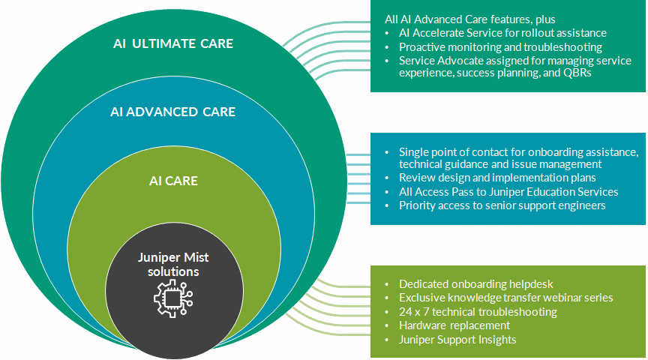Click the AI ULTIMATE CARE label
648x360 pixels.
pos(172,43)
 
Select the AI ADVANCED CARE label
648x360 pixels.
pos(172,112)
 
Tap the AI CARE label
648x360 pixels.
pos(173,181)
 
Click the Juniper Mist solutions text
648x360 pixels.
pos(173,264)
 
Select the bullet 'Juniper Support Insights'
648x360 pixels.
pos(457,340)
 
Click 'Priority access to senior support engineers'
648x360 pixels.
pos(502,205)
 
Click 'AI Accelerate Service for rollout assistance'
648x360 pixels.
pos(502,33)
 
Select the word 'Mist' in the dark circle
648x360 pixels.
pos(195,257)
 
